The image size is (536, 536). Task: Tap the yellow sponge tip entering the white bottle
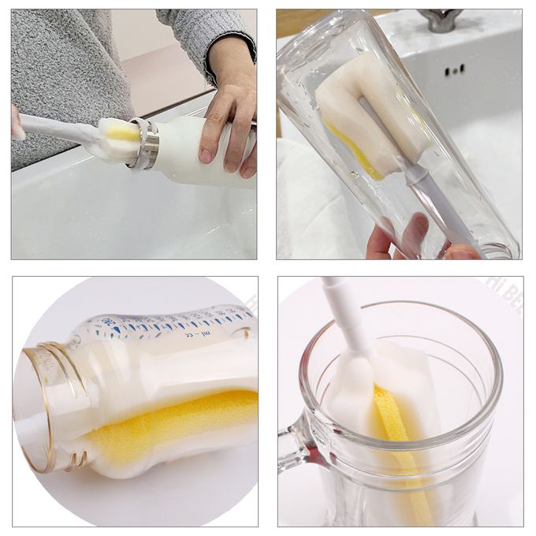[x=123, y=133]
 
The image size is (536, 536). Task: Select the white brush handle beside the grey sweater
[x=55, y=126]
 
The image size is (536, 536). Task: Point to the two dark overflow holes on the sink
[x=453, y=71]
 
